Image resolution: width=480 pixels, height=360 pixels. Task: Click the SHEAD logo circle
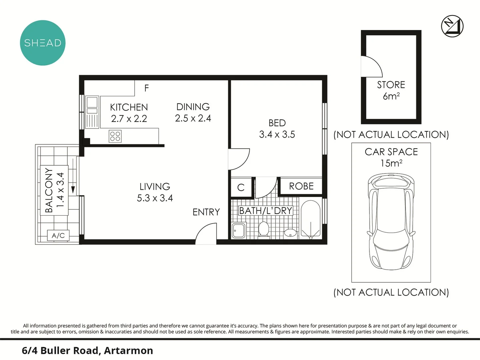tap(43, 43)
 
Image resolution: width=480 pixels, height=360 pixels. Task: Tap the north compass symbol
tap(452, 26)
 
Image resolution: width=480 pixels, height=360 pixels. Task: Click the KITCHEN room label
tap(129, 107)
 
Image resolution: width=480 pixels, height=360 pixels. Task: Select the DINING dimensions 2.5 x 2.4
tap(193, 118)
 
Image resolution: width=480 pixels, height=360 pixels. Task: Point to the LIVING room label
tap(155, 186)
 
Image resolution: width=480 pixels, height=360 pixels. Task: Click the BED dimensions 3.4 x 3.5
tap(277, 134)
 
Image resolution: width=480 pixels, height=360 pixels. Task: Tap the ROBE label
tap(301, 186)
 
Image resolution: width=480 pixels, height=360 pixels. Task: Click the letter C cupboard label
tap(241, 188)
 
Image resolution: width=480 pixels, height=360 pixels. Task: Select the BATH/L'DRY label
tap(266, 211)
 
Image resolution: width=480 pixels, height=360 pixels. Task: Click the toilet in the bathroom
tap(264, 230)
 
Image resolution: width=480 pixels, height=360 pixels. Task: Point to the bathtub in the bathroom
tap(311, 219)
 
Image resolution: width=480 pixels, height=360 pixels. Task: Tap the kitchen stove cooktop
tap(115, 136)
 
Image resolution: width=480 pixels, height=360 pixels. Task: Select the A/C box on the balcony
tap(58, 235)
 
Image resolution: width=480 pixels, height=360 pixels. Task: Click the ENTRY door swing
tap(206, 234)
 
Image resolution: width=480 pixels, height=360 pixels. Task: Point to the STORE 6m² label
tap(391, 90)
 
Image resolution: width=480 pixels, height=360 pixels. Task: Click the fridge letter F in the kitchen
tap(146, 88)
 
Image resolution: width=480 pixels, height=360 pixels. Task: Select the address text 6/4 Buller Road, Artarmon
tap(87, 351)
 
